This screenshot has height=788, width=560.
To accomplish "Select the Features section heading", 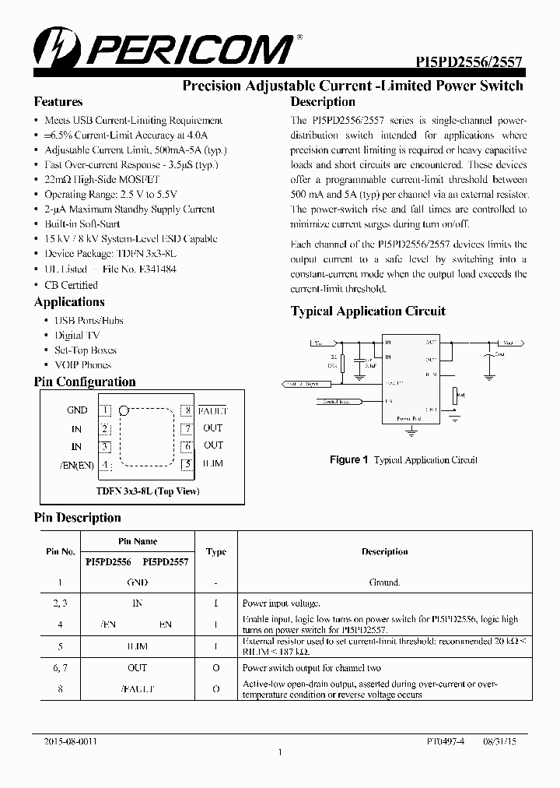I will (x=58, y=102).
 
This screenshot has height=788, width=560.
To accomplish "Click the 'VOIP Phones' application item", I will (x=82, y=364).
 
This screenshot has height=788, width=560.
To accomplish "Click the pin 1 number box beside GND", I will (x=105, y=410).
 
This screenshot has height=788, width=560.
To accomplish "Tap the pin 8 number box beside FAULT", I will (x=186, y=410).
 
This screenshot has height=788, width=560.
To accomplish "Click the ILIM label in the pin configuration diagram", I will (x=213, y=464).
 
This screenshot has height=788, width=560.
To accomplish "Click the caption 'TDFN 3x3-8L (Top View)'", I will (x=148, y=491).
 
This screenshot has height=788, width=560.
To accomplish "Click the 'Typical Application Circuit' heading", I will (x=368, y=311).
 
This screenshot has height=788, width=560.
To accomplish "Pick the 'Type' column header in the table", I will (x=216, y=551).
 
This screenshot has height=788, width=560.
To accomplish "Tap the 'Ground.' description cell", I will (x=384, y=582).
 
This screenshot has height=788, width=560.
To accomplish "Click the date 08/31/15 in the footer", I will (x=498, y=743).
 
